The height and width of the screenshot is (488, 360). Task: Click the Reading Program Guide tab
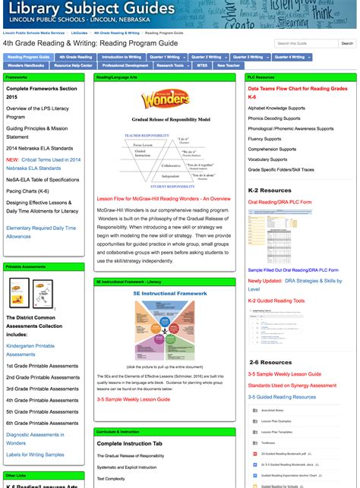(x=27, y=57)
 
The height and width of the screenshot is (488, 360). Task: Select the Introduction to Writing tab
(x=121, y=57)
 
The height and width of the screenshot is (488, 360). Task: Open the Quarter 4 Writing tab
(x=289, y=57)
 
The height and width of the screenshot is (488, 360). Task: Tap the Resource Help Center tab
(x=74, y=66)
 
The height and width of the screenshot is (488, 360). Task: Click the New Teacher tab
(x=229, y=66)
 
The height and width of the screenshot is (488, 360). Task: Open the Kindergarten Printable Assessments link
(x=35, y=349)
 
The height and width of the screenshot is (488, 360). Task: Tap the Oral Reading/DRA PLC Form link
(x=279, y=202)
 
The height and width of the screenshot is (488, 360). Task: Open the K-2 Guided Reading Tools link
(x=276, y=301)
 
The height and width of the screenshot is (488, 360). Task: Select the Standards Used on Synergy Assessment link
(x=292, y=385)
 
